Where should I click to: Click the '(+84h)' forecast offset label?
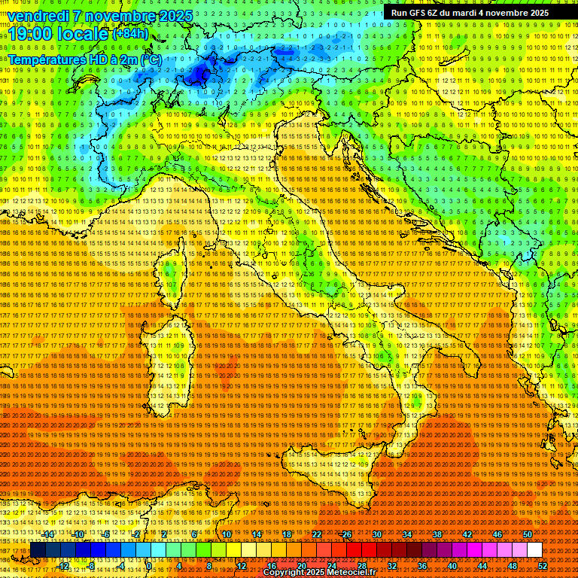131,34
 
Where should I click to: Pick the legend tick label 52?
543,566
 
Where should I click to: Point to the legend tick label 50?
528,534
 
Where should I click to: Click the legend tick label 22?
317,534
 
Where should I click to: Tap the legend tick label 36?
422,566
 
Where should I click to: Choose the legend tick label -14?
49,534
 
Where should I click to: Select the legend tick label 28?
362,566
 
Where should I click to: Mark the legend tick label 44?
482,566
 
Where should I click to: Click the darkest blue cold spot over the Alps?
199,73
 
